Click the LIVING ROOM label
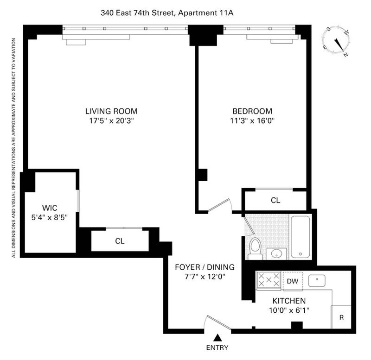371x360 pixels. pos(111,111)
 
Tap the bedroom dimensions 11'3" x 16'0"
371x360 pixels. pos(252,121)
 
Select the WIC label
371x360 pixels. pos(50,208)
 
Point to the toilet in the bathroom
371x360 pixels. pos(256,249)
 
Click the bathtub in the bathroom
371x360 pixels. pos(300,237)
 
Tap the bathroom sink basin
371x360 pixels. pos(276,254)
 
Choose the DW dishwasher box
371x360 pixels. pos(293,281)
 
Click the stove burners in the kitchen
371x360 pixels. pos(269,280)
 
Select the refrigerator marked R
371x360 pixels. pos(341,317)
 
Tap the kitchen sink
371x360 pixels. pos(317,281)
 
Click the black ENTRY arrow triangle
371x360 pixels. pos(217,338)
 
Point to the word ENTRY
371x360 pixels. pos(217,347)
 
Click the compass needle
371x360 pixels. pos(339,45)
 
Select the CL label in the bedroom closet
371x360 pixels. pos(275,200)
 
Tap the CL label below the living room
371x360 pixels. pos(120,241)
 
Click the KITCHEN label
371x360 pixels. pos(289,301)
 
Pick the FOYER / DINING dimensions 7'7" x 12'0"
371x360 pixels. pos(205,276)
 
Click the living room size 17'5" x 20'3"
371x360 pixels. pos(111,121)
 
